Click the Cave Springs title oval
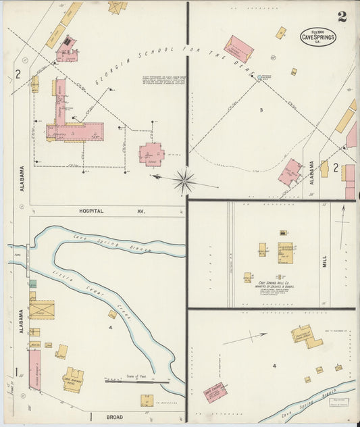click(x=317, y=36)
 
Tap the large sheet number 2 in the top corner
click(x=342, y=17)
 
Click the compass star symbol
click(x=184, y=180)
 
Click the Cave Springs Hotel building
click(x=73, y=380)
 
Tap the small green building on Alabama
click(x=32, y=284)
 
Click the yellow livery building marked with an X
click(x=41, y=309)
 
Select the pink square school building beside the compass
click(x=151, y=153)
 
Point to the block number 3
click(x=260, y=109)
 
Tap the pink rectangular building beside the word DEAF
click(x=238, y=48)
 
